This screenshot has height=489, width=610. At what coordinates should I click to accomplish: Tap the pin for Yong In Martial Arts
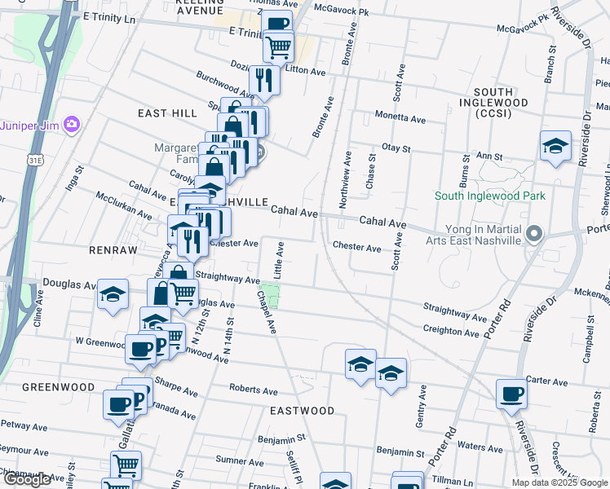pos(534,234)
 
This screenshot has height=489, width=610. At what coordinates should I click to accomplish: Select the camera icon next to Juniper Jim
pos(73,125)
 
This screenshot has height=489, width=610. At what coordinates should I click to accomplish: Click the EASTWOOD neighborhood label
pos(303,411)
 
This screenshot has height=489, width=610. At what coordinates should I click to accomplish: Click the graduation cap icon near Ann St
pos(555,146)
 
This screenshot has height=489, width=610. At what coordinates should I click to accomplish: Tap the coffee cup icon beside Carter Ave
pos(512,394)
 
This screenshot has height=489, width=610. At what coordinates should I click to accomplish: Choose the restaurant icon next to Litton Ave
pos(264,78)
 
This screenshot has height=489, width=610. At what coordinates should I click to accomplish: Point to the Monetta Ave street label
pos(400,119)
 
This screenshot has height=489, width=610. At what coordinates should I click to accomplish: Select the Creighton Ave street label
pos(451,332)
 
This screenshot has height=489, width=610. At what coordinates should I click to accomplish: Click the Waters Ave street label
pos(480,447)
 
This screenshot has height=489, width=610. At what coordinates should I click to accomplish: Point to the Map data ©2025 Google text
pos(559,482)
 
